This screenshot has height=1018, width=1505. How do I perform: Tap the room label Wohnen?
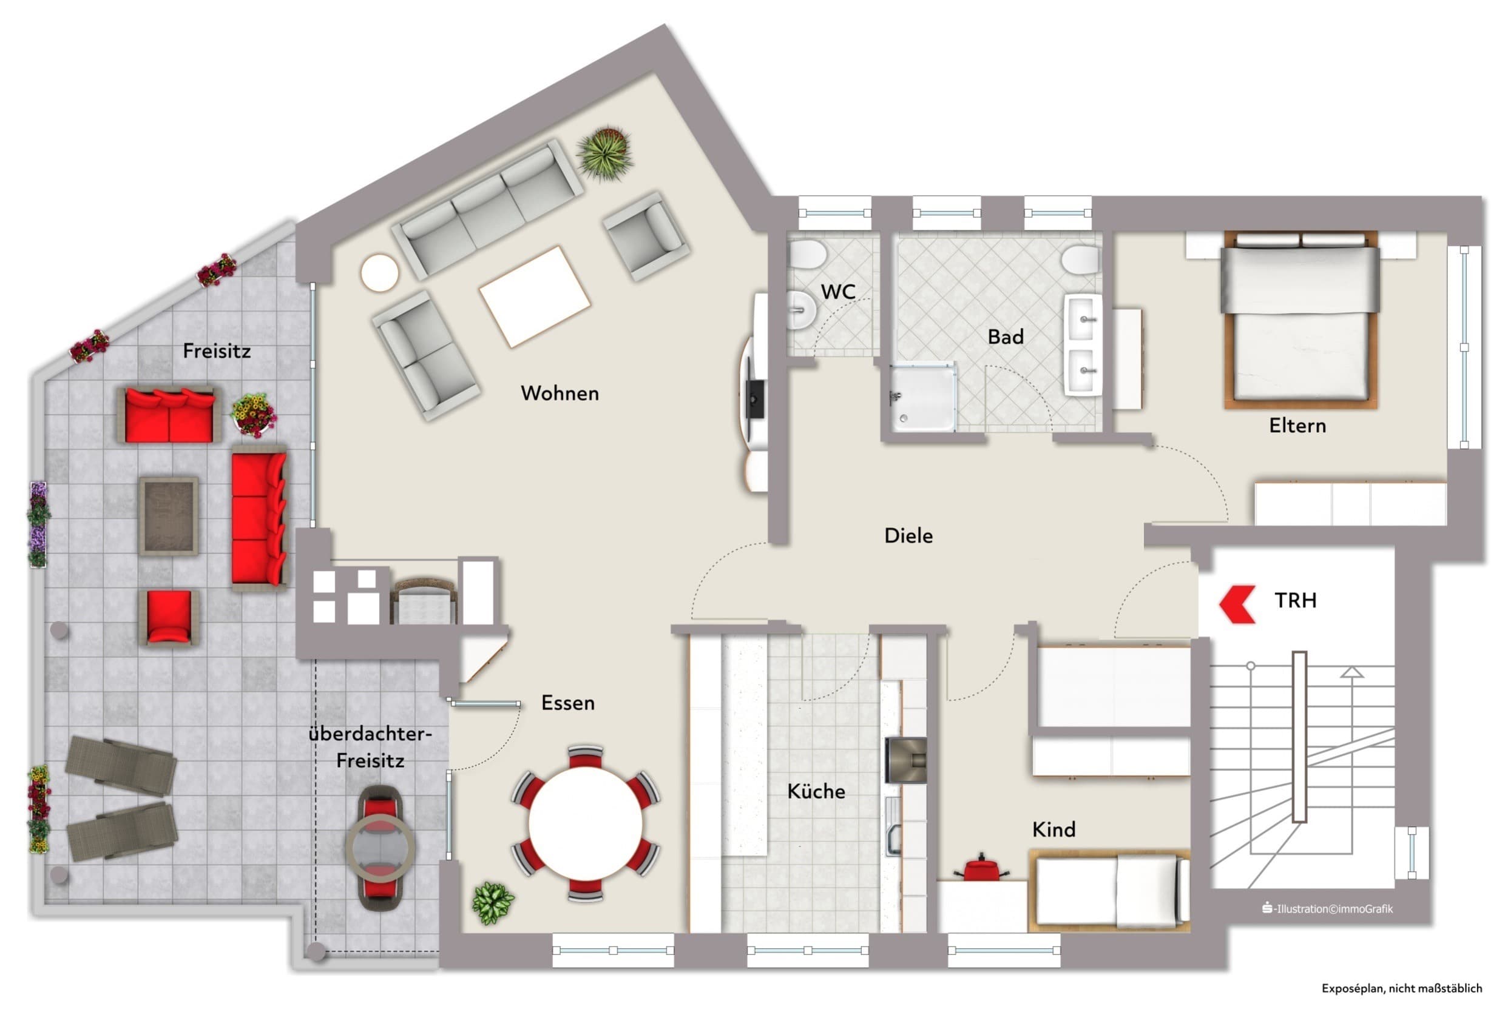(560, 393)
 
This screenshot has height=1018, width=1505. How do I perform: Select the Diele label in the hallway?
(908, 536)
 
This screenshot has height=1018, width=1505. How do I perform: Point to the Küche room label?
(816, 791)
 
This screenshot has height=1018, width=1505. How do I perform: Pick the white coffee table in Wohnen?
(535, 296)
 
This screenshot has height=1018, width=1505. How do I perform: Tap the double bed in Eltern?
(1300, 320)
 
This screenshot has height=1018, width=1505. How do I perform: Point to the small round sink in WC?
(802, 310)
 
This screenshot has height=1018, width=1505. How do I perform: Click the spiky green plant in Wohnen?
(605, 153)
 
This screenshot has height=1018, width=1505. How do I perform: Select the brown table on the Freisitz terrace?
(168, 517)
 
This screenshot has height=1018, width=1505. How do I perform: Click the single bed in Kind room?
(1109, 891)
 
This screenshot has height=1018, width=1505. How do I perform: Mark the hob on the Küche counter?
(905, 760)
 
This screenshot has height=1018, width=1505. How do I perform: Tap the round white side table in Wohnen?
(379, 273)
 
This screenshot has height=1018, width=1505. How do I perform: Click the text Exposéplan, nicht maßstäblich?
(1401, 989)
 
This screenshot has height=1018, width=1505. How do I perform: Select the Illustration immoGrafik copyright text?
(1328, 909)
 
